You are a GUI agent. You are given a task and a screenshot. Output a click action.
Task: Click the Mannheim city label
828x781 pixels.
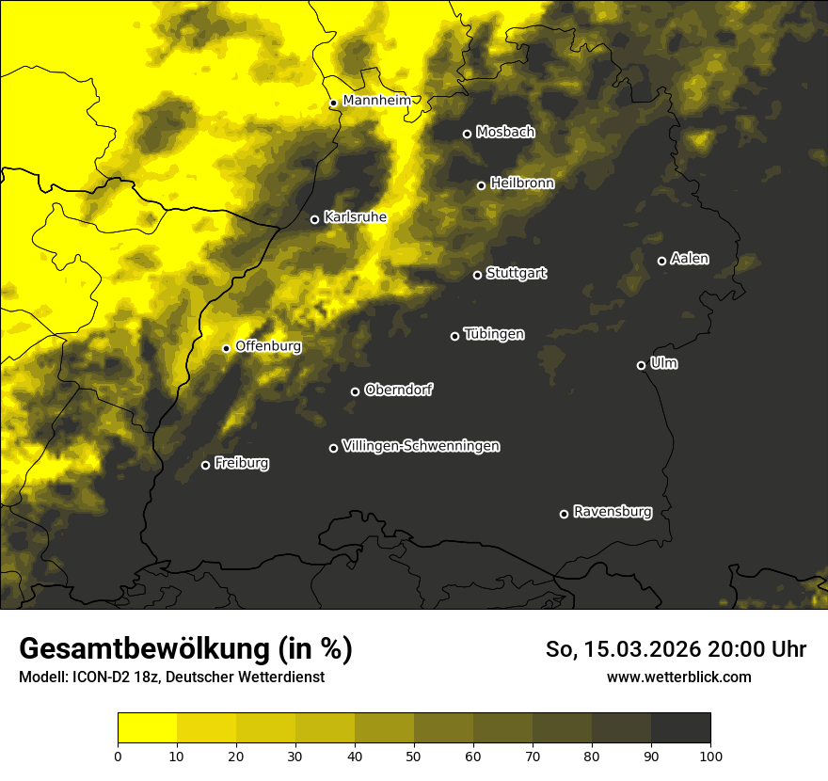coord(377,101)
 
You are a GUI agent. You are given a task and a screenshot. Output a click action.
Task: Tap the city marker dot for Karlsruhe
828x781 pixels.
coord(315,219)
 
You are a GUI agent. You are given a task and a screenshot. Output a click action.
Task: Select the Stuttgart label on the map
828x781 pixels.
coord(516,273)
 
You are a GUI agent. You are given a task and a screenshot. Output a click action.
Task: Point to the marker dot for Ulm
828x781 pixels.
coord(642,365)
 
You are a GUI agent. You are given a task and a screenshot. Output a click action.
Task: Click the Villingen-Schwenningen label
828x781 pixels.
coord(421,446)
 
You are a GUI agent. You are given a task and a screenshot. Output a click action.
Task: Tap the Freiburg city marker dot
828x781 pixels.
coord(206,465)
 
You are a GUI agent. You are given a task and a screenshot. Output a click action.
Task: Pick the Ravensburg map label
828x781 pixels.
coord(612,512)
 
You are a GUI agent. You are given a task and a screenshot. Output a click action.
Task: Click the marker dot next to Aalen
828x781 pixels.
coord(662,261)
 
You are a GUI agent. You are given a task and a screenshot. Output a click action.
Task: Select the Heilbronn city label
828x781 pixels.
coord(522,183)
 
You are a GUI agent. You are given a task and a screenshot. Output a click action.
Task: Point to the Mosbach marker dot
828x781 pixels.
coord(467,134)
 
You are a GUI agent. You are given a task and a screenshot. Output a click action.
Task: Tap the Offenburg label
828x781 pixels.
coord(268,346)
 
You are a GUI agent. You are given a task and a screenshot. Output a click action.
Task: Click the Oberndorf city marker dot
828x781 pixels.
coord(356,391)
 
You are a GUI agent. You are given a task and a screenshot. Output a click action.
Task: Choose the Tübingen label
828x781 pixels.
coord(494,334)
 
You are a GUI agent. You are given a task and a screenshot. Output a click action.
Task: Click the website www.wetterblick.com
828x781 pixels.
coord(678,677)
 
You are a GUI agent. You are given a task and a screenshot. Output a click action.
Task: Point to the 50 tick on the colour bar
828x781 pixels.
coord(414,755)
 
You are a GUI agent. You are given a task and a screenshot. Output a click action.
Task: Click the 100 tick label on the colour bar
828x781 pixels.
coord(710,755)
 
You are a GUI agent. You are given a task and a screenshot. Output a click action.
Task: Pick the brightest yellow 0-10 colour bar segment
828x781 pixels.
coord(148,728)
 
